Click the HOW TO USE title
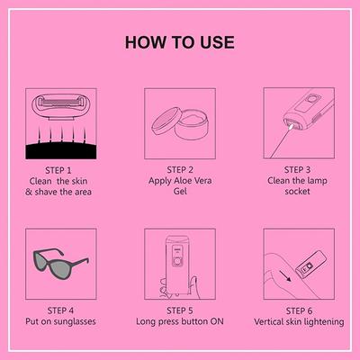coord(180,42)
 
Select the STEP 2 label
coord(180,168)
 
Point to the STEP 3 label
coord(299,168)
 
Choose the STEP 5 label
coord(180,308)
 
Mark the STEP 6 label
coord(299,308)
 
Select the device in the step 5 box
coord(178,260)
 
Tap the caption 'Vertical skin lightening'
coord(299,320)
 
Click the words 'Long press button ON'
coord(180,320)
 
